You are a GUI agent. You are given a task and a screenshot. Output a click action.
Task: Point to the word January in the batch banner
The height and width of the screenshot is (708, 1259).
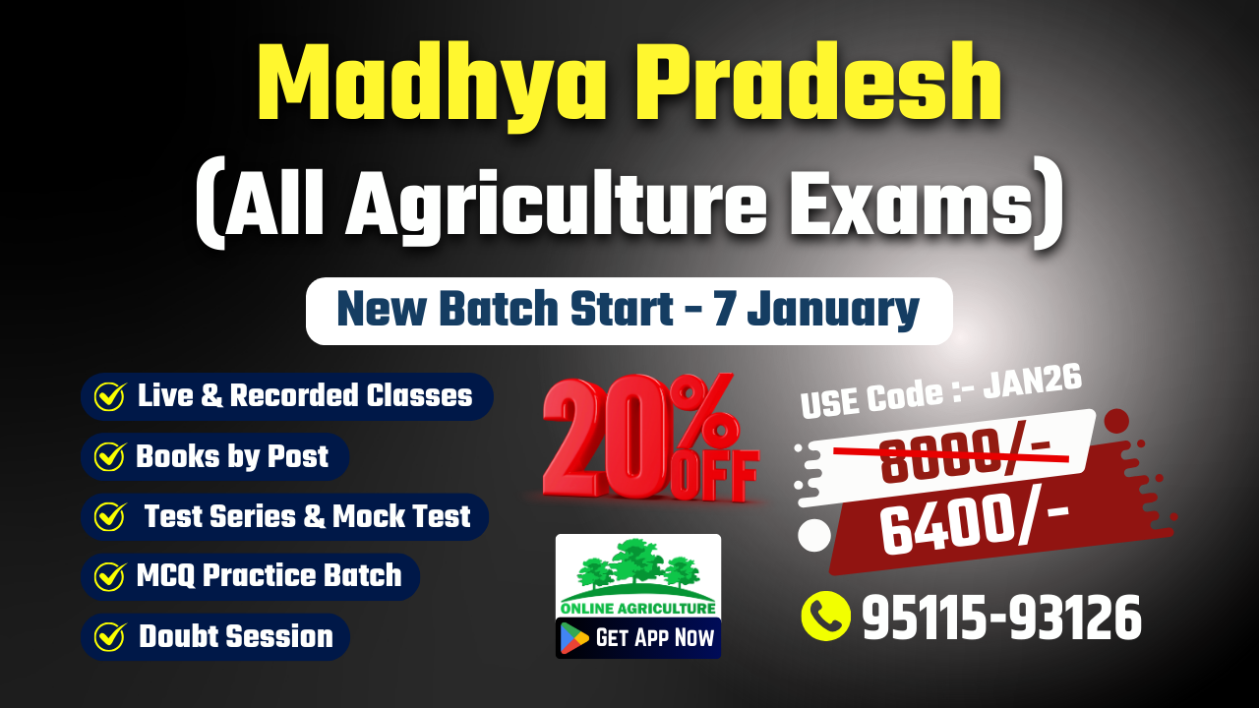coord(833,310)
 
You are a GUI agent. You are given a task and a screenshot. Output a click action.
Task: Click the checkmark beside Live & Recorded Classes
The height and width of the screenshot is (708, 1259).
coord(109,396)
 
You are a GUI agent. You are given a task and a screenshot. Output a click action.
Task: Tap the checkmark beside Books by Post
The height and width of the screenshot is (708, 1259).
coord(109,456)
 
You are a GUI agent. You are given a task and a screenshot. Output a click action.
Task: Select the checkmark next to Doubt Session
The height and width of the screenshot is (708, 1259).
coord(109,636)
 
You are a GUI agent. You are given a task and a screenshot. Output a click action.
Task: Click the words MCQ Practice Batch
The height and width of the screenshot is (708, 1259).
coord(269,575)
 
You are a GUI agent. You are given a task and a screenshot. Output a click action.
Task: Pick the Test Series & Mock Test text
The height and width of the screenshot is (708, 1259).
coord(307,516)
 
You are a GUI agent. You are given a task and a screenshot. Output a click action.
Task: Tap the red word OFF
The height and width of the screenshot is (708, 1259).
coord(714,474)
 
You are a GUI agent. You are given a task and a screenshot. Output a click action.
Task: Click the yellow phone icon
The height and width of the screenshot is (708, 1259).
coord(825,616)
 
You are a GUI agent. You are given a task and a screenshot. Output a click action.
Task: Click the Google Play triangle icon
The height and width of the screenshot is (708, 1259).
coord(574,638)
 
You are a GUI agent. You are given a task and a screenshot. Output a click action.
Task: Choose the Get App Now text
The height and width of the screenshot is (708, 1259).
coord(655,638)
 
